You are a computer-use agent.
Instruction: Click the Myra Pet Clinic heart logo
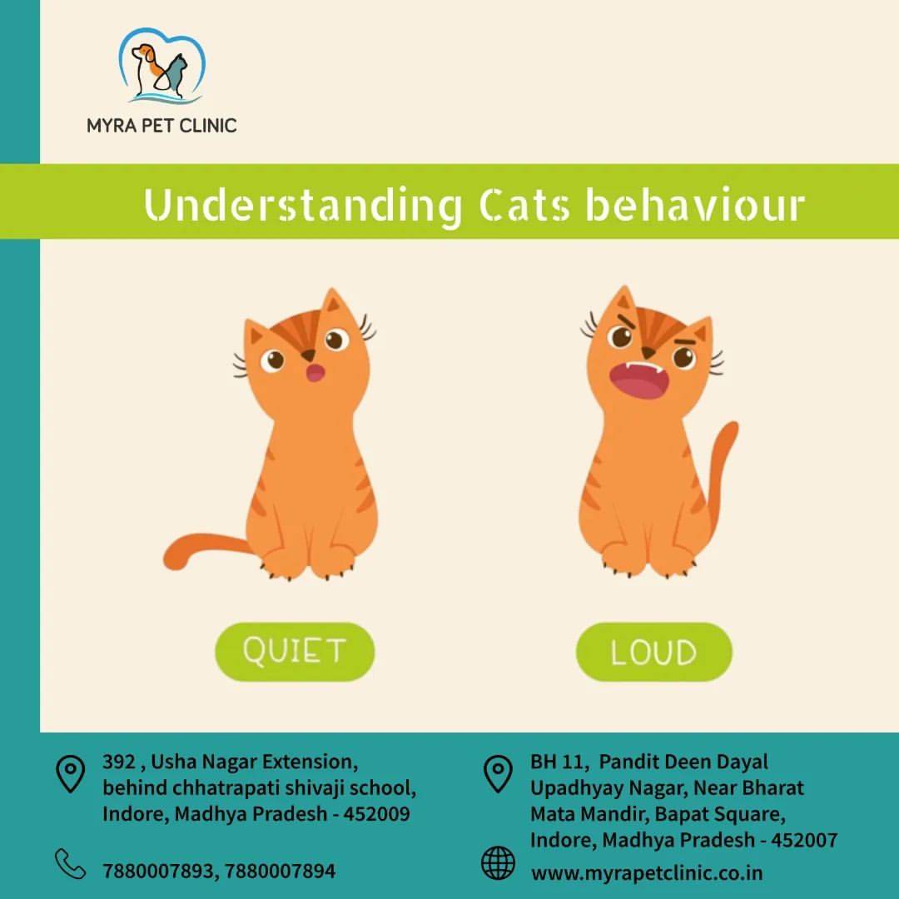coord(161,65)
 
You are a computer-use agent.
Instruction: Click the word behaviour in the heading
coord(695,205)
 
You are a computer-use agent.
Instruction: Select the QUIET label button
coord(295,651)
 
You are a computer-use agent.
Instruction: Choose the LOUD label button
coord(654,652)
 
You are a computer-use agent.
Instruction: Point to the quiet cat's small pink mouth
coord(315,373)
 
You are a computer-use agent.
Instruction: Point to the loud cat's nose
coord(648,352)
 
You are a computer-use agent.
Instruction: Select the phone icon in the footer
coord(71,864)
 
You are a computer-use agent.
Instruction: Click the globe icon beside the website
coord(498,863)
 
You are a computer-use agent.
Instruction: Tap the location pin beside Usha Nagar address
coord(71,774)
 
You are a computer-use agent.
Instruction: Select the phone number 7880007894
coord(280,871)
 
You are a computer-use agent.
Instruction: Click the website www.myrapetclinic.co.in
coord(647,873)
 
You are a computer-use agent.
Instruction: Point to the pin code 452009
coord(377,813)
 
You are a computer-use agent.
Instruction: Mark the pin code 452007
coord(804,840)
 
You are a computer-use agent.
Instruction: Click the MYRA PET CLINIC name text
coord(161,126)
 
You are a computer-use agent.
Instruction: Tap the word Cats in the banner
coord(524,206)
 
